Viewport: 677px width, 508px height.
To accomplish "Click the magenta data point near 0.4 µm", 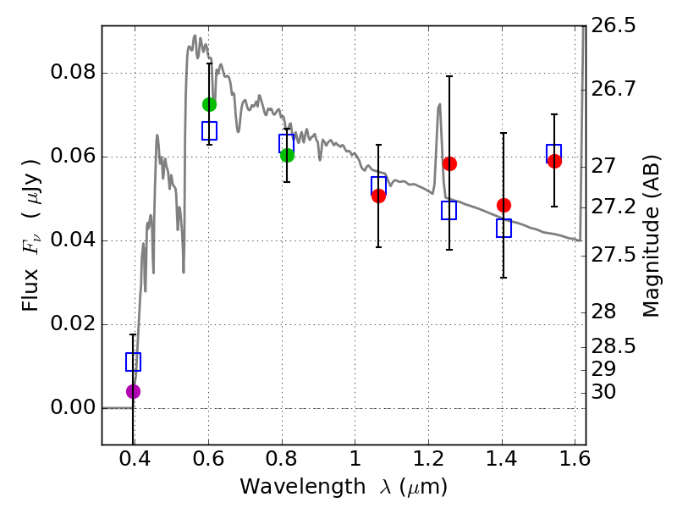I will point(133,391).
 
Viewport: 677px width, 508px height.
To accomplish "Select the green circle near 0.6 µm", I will point(209,104).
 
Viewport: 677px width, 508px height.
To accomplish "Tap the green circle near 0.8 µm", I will point(287,155).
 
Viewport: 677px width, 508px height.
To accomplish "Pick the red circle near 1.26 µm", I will point(449,163).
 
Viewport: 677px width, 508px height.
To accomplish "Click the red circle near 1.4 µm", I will point(504,205).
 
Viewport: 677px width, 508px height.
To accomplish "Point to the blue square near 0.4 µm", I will point(133,362).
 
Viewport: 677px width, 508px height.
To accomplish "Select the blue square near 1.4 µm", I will point(504,228).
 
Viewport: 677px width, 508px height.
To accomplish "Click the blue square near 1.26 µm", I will point(449,210).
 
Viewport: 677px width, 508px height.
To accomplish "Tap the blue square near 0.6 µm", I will point(209,130).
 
